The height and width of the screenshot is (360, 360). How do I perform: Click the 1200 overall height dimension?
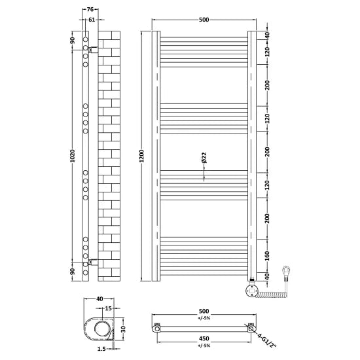(141, 157)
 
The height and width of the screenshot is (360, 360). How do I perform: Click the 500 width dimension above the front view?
(204, 20)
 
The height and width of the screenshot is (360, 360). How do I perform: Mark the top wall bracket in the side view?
(94, 49)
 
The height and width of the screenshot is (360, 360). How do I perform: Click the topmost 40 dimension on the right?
(266, 35)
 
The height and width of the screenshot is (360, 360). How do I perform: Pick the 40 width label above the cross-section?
(99, 299)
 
